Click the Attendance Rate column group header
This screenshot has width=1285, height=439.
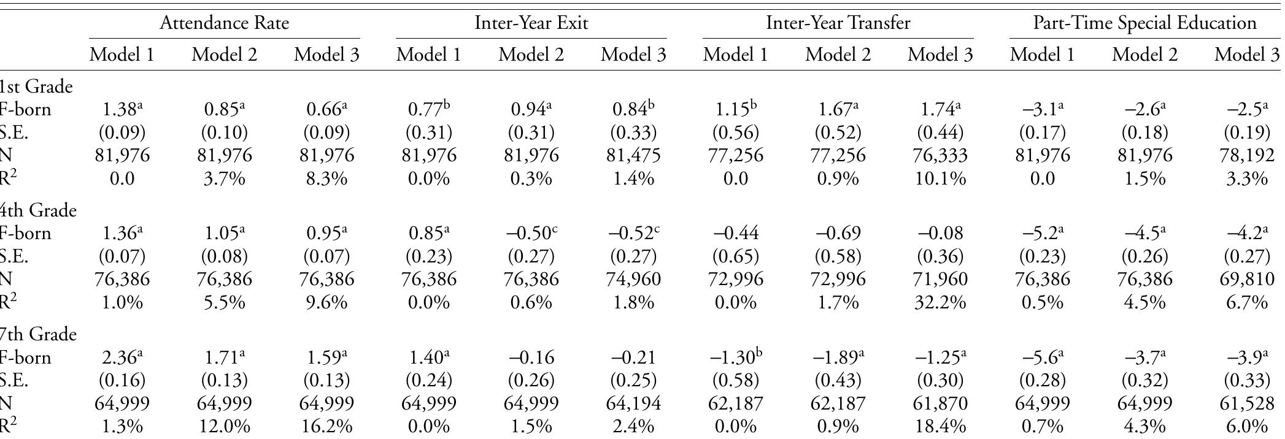224,23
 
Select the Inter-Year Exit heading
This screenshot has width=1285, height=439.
531,23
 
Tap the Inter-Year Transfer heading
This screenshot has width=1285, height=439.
838,23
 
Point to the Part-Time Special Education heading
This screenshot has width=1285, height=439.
1144,23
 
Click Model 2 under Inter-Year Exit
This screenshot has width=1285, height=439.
531,55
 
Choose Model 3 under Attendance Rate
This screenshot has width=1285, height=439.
326,55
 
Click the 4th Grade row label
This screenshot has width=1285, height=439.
38,211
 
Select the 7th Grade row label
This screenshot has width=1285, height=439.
38,335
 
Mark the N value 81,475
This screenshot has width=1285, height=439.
633,156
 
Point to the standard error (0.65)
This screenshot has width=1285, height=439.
735,257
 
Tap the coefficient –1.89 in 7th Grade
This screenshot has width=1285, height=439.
838,357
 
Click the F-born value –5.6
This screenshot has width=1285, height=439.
1042,357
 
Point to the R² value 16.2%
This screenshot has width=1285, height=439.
326,427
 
